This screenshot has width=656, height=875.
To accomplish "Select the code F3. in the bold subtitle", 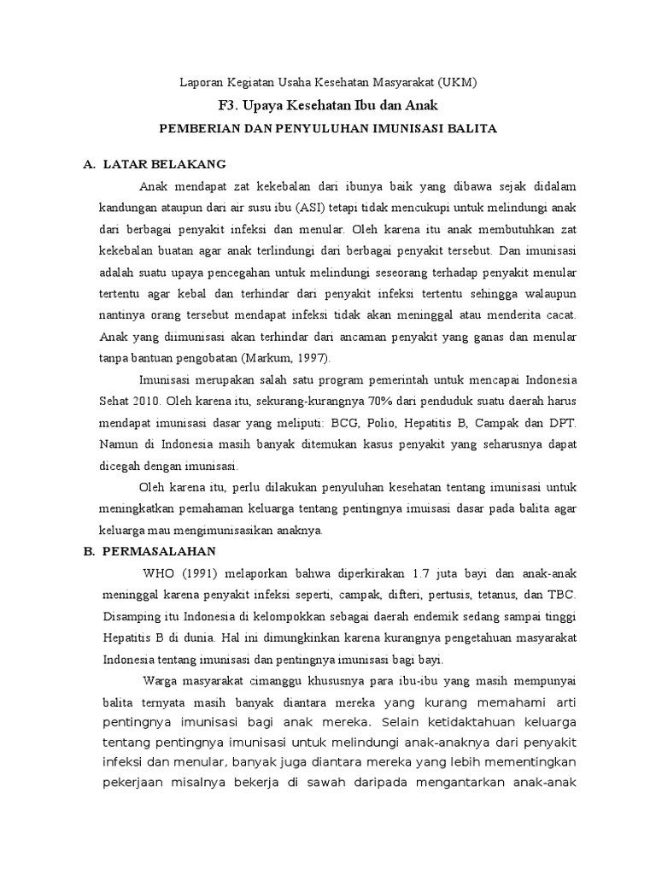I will pyautogui.click(x=231, y=105).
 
